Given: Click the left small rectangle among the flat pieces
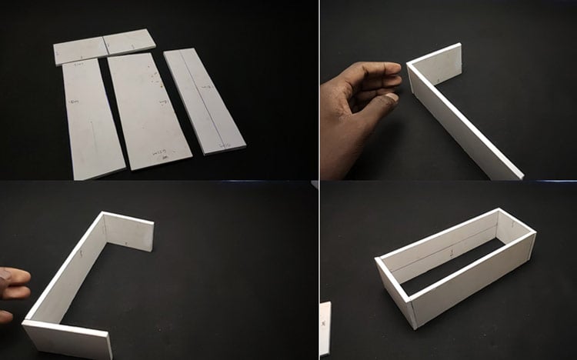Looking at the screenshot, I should [x=80, y=51].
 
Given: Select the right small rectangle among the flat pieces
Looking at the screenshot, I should [x=130, y=42].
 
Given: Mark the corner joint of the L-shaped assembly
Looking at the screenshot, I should [x=412, y=73].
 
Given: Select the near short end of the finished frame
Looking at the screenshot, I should [x=395, y=288].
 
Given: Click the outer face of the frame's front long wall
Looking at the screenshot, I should [x=473, y=281].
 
